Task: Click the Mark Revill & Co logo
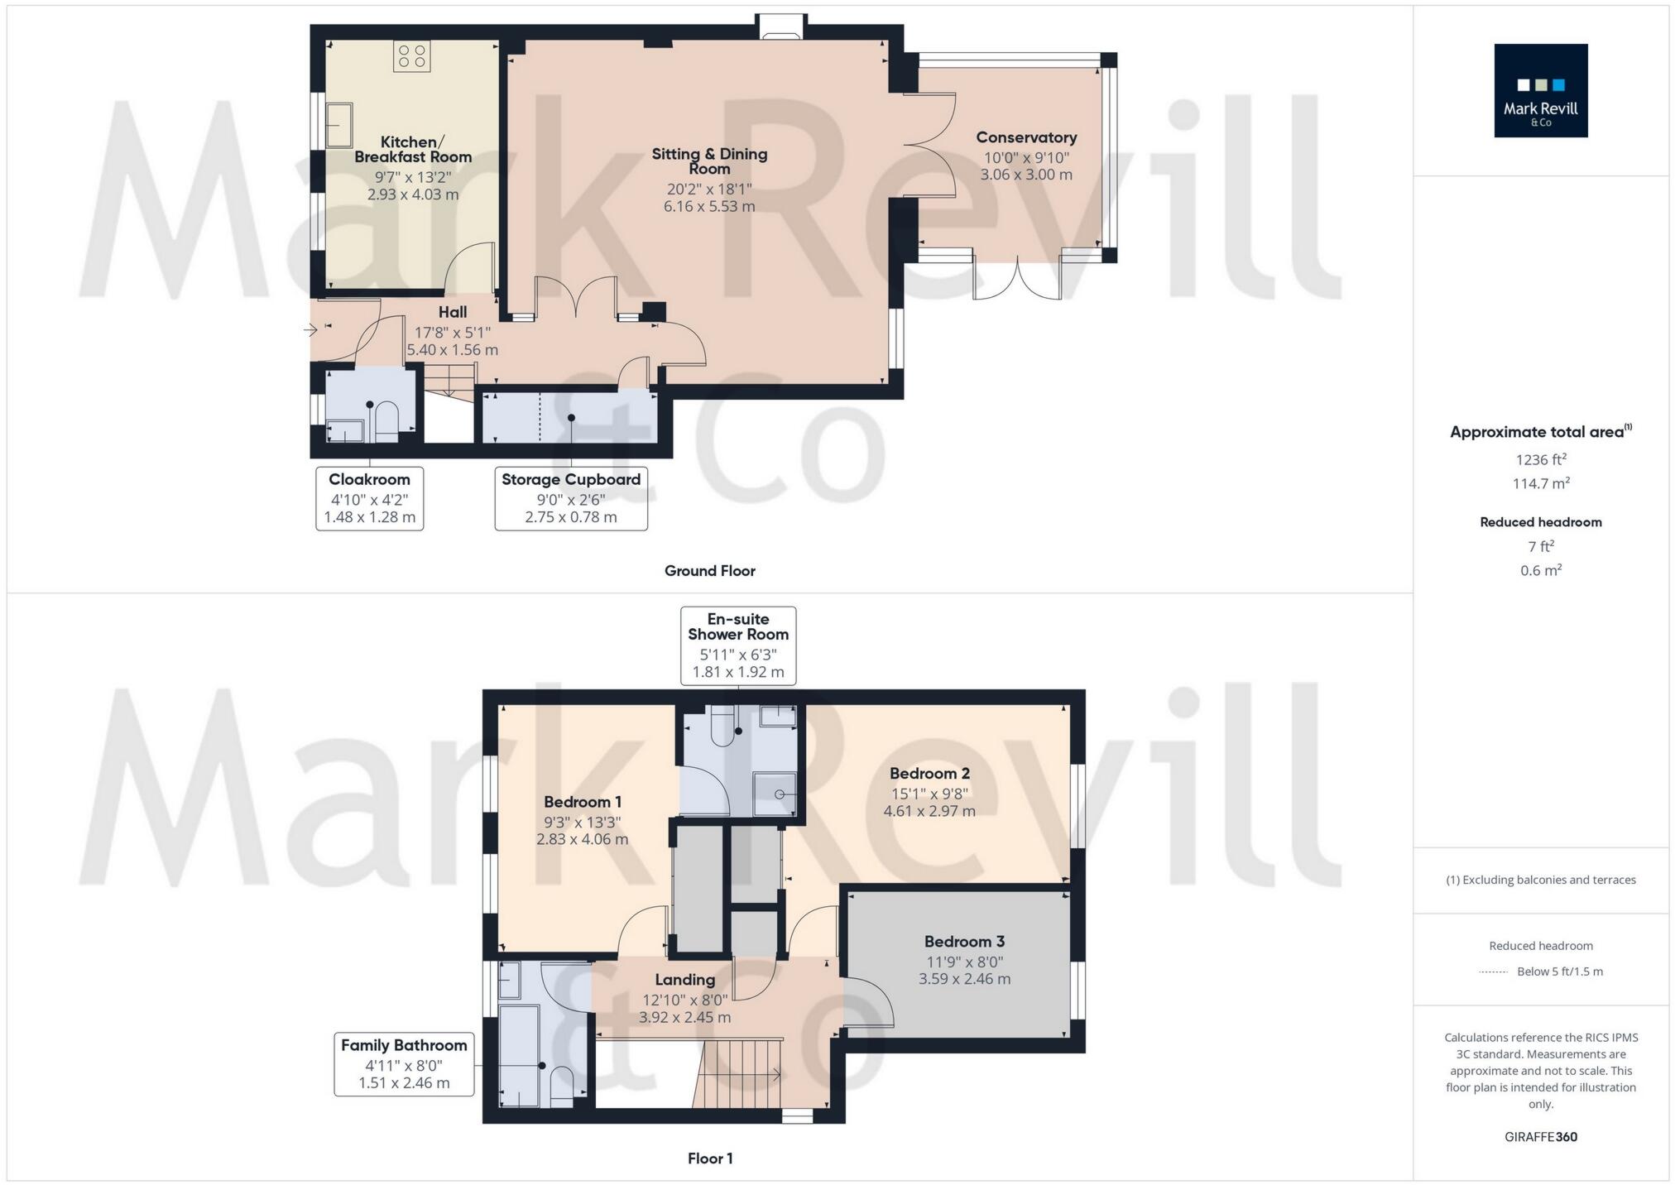1540,90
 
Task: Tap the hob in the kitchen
411,56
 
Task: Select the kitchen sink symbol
338,124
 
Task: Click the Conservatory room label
1025,137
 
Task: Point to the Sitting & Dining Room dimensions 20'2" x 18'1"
709,189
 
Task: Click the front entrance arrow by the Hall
311,330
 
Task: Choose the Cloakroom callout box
369,498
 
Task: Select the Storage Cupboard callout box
571,498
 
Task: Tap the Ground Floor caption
709,570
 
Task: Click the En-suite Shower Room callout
737,645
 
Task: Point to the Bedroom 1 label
582,801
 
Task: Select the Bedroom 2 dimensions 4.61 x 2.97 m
929,811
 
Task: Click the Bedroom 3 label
964,941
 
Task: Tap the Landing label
684,979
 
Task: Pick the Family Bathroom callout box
404,1063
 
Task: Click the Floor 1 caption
709,1158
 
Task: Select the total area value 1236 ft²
1540,459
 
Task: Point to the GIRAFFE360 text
1540,1136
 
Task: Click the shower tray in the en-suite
775,793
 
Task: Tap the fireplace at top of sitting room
781,28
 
